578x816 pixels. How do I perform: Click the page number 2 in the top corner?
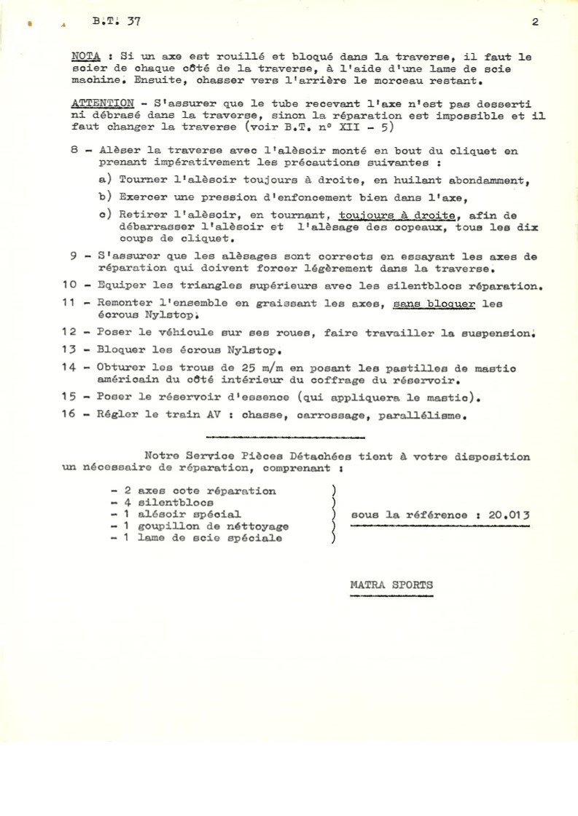(535, 22)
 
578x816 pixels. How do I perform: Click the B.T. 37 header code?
(117, 22)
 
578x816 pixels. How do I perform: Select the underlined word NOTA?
(87, 55)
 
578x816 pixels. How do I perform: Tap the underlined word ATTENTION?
(103, 103)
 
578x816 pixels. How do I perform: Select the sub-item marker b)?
(104, 197)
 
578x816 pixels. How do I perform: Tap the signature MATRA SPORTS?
(391, 584)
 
